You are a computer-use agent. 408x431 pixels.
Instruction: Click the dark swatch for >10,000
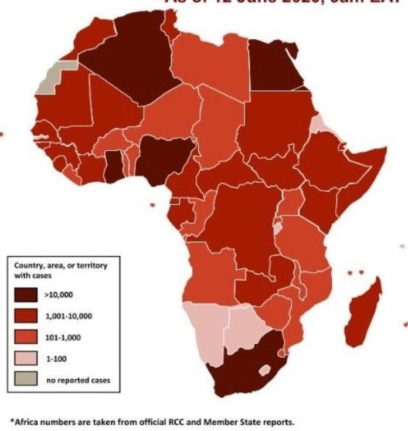point(26,295)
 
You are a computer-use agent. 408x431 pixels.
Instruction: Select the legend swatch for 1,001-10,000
point(26,316)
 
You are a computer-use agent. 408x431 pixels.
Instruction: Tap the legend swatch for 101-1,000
point(26,337)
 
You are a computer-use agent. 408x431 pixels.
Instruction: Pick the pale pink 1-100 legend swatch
point(26,358)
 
